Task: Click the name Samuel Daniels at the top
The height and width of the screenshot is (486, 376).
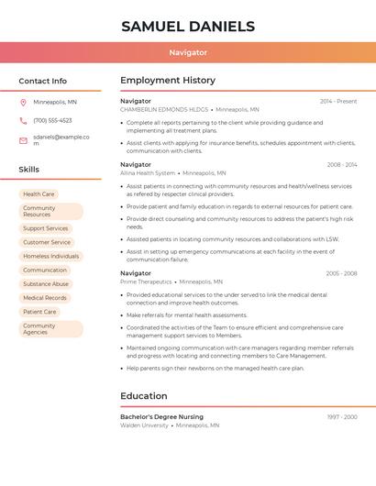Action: click(188, 27)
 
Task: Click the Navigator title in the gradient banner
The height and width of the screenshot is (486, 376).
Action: click(188, 53)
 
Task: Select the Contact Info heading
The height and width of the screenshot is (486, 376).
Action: click(42, 81)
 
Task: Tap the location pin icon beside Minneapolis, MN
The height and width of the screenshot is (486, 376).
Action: click(23, 103)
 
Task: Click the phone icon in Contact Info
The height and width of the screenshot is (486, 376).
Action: click(23, 121)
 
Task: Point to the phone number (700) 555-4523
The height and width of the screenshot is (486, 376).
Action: click(52, 121)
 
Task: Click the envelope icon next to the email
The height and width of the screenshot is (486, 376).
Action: click(23, 140)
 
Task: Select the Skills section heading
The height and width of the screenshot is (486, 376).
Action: click(28, 170)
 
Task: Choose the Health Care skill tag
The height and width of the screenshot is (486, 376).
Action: click(39, 194)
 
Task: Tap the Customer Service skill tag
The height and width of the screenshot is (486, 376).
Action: click(47, 242)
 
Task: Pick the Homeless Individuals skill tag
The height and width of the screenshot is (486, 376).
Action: click(51, 257)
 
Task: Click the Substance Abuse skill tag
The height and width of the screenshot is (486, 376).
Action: click(46, 284)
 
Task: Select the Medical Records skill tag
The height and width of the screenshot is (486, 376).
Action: click(45, 298)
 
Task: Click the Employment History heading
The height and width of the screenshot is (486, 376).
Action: click(168, 81)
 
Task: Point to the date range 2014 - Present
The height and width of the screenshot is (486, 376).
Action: click(338, 102)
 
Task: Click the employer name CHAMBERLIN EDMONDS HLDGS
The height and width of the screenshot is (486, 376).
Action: click(164, 109)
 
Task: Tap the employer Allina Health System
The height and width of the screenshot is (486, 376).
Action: click(148, 173)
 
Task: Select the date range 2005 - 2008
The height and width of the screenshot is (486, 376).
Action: click(341, 273)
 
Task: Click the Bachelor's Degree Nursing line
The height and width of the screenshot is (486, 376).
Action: click(161, 417)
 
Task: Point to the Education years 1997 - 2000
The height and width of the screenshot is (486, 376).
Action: click(342, 417)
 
